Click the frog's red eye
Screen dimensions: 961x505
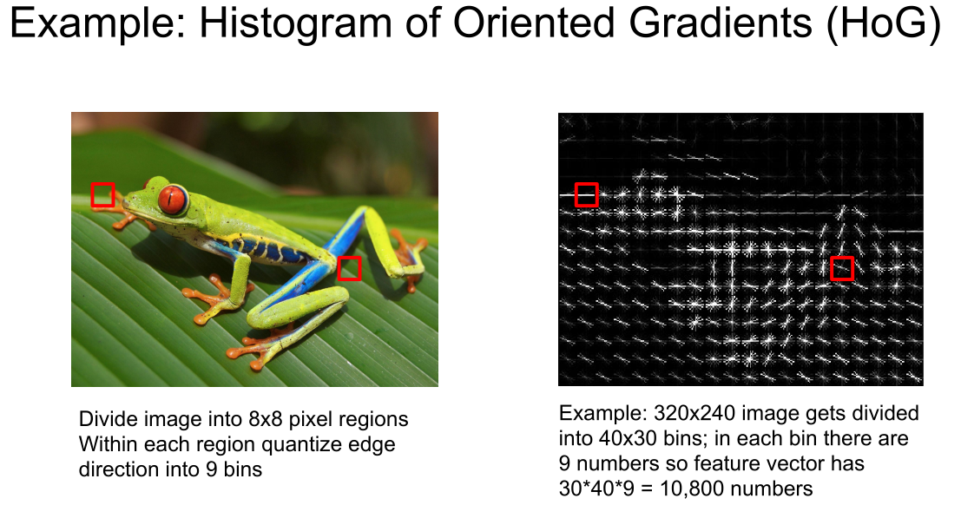pos(172,200)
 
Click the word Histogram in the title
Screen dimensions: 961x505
pos(295,23)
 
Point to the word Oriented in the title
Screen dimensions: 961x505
pos(533,23)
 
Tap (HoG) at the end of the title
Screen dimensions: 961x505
pos(883,24)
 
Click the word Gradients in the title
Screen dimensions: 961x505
pos(721,23)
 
